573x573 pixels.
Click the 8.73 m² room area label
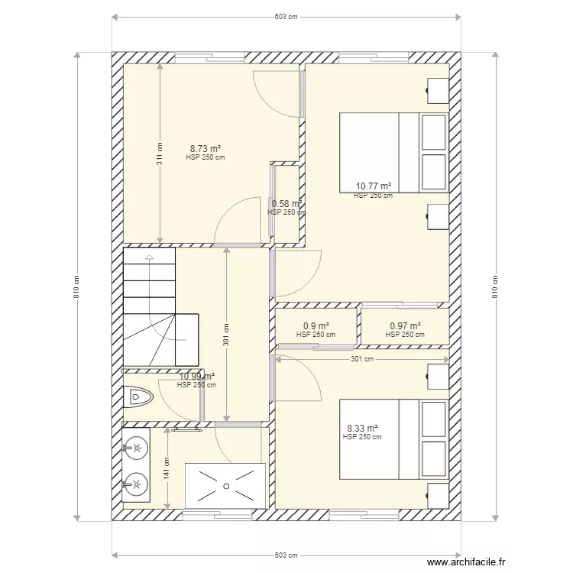(206, 149)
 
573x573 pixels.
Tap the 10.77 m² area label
(374, 186)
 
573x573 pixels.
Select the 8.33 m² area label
(362, 428)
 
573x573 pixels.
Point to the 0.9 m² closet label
(316, 325)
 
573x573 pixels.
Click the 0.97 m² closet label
(405, 325)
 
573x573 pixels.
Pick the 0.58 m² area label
(286, 203)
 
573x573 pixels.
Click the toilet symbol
(138, 397)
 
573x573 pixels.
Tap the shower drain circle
(226, 486)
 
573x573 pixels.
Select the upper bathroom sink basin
(136, 448)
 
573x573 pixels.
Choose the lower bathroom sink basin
(136, 484)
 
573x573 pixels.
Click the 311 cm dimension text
(160, 154)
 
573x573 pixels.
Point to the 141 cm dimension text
(167, 468)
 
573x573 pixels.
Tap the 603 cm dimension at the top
(286, 17)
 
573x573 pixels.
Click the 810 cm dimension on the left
(76, 286)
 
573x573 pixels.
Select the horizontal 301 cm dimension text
(362, 359)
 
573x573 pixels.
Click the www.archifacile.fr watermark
(466, 562)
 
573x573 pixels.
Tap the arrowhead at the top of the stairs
(149, 257)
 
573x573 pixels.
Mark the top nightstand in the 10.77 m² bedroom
(438, 91)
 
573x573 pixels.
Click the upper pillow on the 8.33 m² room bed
(434, 419)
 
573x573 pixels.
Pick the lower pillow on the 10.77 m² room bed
(434, 172)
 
